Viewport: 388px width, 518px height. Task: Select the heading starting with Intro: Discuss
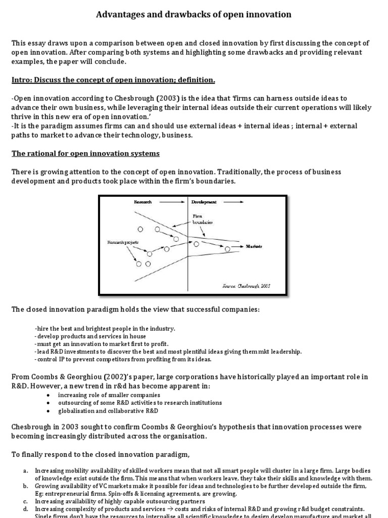click(113, 80)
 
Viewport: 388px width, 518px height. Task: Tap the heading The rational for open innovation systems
click(85, 153)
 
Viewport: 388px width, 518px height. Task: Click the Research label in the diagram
click(142, 202)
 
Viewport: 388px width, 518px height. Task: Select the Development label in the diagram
click(204, 202)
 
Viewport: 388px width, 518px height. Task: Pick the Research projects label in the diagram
click(123, 243)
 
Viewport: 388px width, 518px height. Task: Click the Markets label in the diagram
click(254, 246)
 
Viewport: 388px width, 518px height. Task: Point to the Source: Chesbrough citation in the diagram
click(247, 285)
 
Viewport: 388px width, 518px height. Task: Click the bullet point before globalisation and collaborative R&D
click(47, 411)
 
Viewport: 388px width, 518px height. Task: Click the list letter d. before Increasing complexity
click(25, 509)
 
